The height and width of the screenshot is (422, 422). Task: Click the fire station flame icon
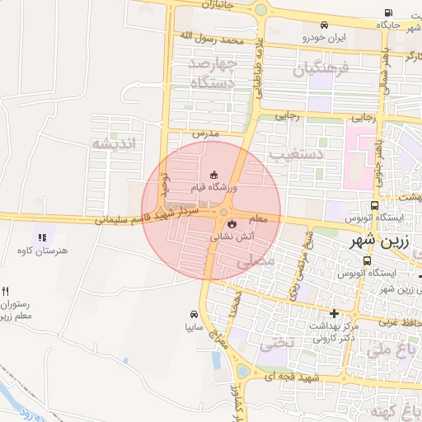232,223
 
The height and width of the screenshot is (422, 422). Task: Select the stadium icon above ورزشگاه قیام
214,174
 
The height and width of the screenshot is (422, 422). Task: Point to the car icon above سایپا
193,314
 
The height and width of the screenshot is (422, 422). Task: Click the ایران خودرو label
325,38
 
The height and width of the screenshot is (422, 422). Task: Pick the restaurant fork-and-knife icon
6,291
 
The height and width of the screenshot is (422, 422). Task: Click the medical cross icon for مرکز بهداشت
334,313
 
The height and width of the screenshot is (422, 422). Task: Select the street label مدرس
204,132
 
